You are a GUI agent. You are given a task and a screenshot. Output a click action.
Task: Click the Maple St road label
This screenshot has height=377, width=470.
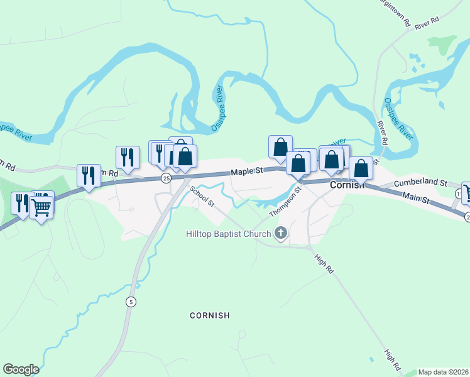pos(247,171)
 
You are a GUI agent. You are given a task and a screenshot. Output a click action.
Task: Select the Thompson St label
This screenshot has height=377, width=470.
pos(285,202)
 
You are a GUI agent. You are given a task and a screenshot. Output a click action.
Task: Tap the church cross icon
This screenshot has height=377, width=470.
pos(280,234)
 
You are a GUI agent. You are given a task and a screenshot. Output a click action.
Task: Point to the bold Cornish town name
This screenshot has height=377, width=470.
pos(346,185)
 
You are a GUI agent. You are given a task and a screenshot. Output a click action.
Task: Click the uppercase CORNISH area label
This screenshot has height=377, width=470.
pos(210,315)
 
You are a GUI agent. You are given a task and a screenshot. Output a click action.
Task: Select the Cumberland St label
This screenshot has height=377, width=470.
pos(420,183)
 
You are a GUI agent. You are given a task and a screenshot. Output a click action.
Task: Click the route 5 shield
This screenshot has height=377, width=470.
pos(130,301)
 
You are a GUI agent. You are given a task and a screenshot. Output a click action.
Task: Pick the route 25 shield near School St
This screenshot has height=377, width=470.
pos(166,178)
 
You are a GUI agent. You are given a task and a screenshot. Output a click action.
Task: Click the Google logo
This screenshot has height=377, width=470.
pos(21,369)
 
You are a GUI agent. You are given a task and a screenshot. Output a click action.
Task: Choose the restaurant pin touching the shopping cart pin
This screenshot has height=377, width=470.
pos(21,204)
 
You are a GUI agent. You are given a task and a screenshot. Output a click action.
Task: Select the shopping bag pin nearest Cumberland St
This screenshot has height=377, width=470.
pos(361,168)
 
